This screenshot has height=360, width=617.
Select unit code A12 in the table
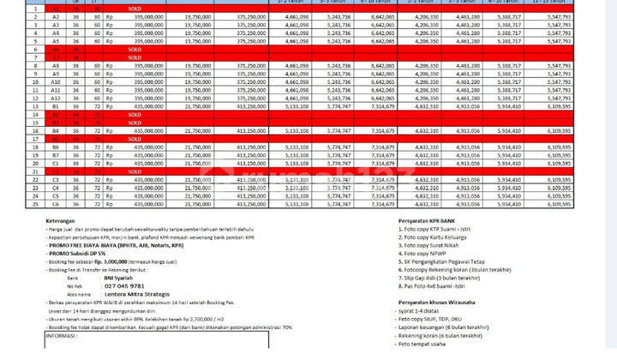(56, 99)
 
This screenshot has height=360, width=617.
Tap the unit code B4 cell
(56, 129)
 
